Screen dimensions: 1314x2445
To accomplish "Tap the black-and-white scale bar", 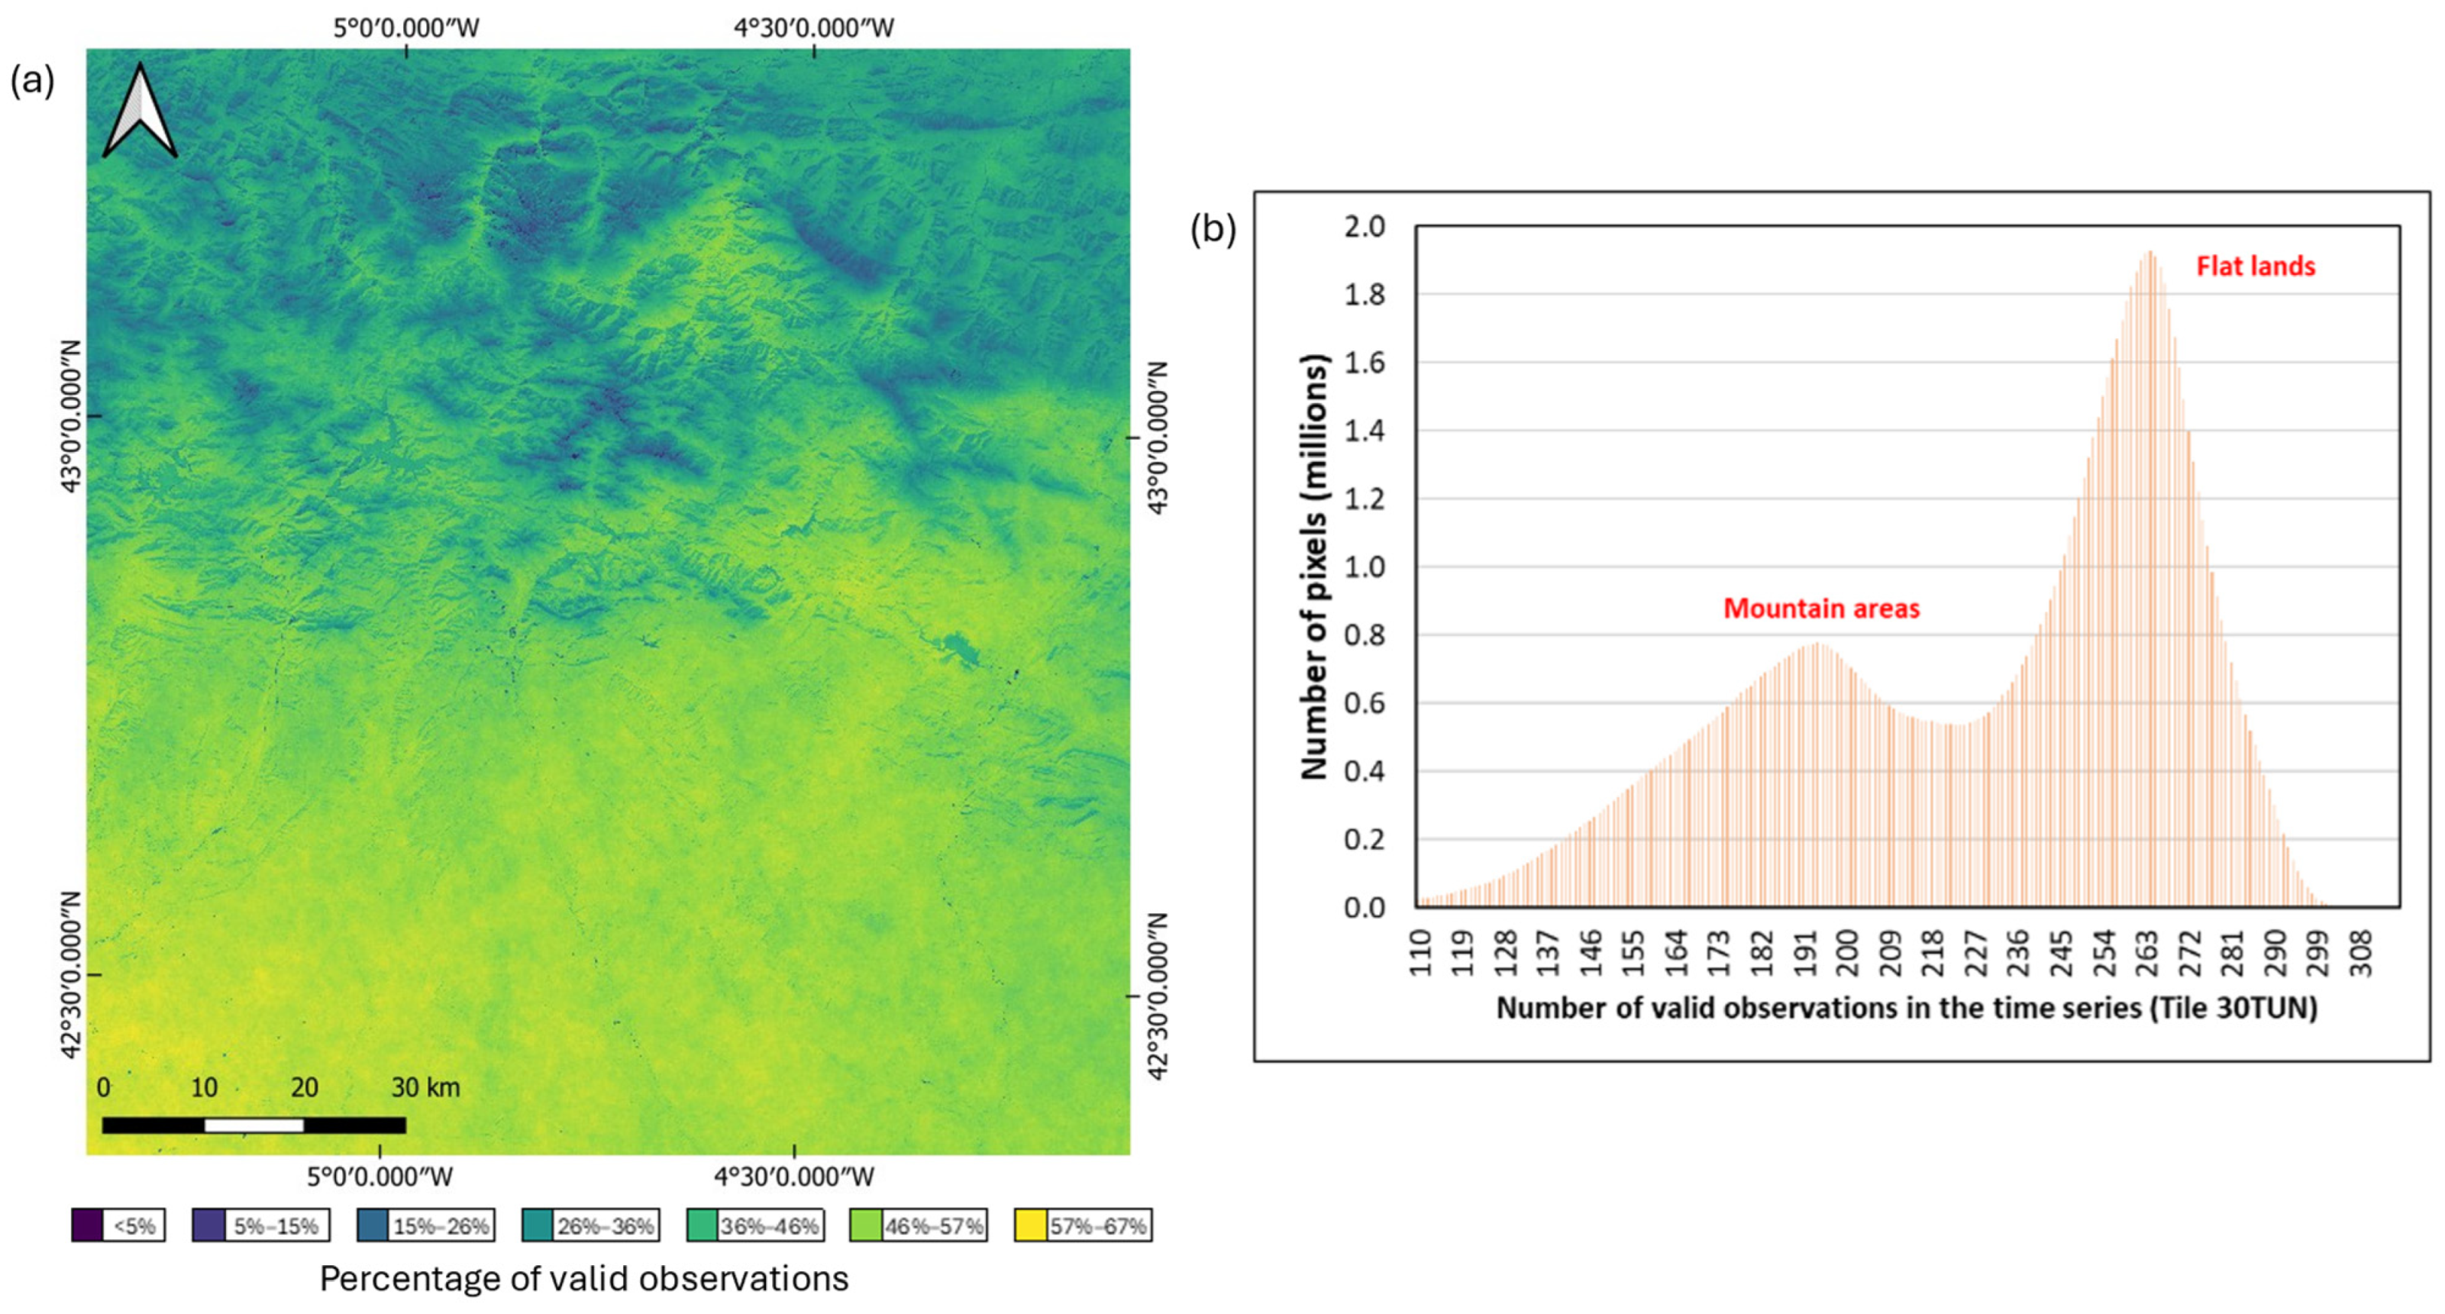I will (254, 1125).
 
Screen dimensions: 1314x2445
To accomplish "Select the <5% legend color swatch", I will (87, 1225).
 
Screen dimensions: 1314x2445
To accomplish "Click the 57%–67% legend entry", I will (1082, 1225).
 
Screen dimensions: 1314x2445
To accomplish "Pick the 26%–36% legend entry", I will (589, 1225).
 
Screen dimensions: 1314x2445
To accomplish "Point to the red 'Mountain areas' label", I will (1820, 609).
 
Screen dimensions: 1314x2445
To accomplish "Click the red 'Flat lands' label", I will (2255, 266).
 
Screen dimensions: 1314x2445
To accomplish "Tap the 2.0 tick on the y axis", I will (1364, 227).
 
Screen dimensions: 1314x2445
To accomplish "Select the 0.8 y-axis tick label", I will (1364, 634).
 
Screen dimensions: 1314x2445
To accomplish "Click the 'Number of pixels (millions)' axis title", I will (1315, 567).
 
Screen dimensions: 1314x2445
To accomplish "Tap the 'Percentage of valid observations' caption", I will (583, 1279).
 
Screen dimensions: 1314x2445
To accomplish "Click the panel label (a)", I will (32, 82).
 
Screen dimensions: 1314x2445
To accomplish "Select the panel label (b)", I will (1213, 230).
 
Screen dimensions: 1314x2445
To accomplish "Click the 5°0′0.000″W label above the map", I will (405, 28).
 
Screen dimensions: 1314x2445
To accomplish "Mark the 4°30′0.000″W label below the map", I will (793, 1177).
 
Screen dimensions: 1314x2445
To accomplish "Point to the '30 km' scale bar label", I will (425, 1087).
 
